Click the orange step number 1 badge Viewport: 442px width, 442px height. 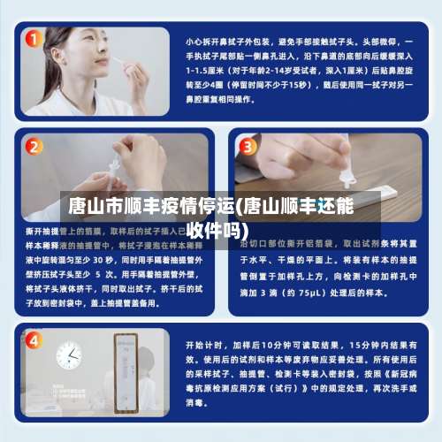click(x=34, y=41)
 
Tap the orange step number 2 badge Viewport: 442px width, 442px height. click(x=34, y=147)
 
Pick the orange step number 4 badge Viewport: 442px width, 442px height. click(x=34, y=340)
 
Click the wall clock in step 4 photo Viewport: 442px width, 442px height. click(x=68, y=355)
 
